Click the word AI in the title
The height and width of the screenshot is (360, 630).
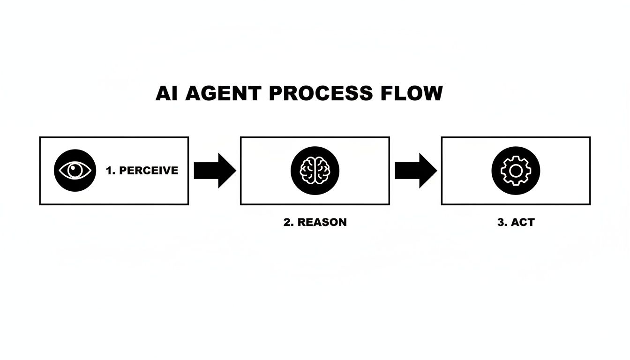pyautogui.click(x=167, y=93)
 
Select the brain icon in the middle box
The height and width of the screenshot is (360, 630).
pyautogui.click(x=315, y=171)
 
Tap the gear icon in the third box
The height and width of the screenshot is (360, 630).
pyautogui.click(x=516, y=171)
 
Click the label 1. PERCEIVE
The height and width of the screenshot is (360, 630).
pyautogui.click(x=142, y=171)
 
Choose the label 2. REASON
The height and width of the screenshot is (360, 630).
pyautogui.click(x=315, y=222)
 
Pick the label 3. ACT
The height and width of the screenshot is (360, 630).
pyautogui.click(x=516, y=222)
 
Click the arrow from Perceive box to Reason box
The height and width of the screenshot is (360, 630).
pyautogui.click(x=215, y=171)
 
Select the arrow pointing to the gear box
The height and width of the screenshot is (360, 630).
pyautogui.click(x=416, y=171)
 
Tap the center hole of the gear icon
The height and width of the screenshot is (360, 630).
pyautogui.click(x=516, y=171)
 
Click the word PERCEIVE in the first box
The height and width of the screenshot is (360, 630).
pyautogui.click(x=149, y=171)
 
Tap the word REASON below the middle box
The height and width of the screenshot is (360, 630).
pyautogui.click(x=322, y=222)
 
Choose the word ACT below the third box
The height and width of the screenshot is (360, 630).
pyautogui.click(x=523, y=222)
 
